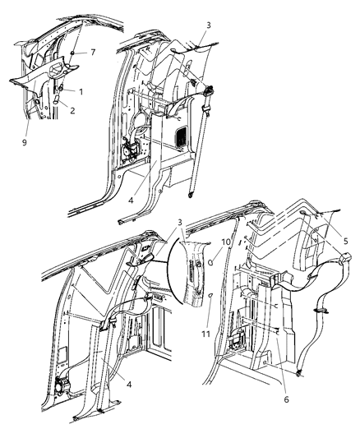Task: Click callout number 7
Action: pyautogui.click(x=93, y=53)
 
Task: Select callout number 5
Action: pyautogui.click(x=345, y=242)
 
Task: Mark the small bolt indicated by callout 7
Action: pyautogui.click(x=72, y=53)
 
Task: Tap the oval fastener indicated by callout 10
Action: pyautogui.click(x=212, y=264)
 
